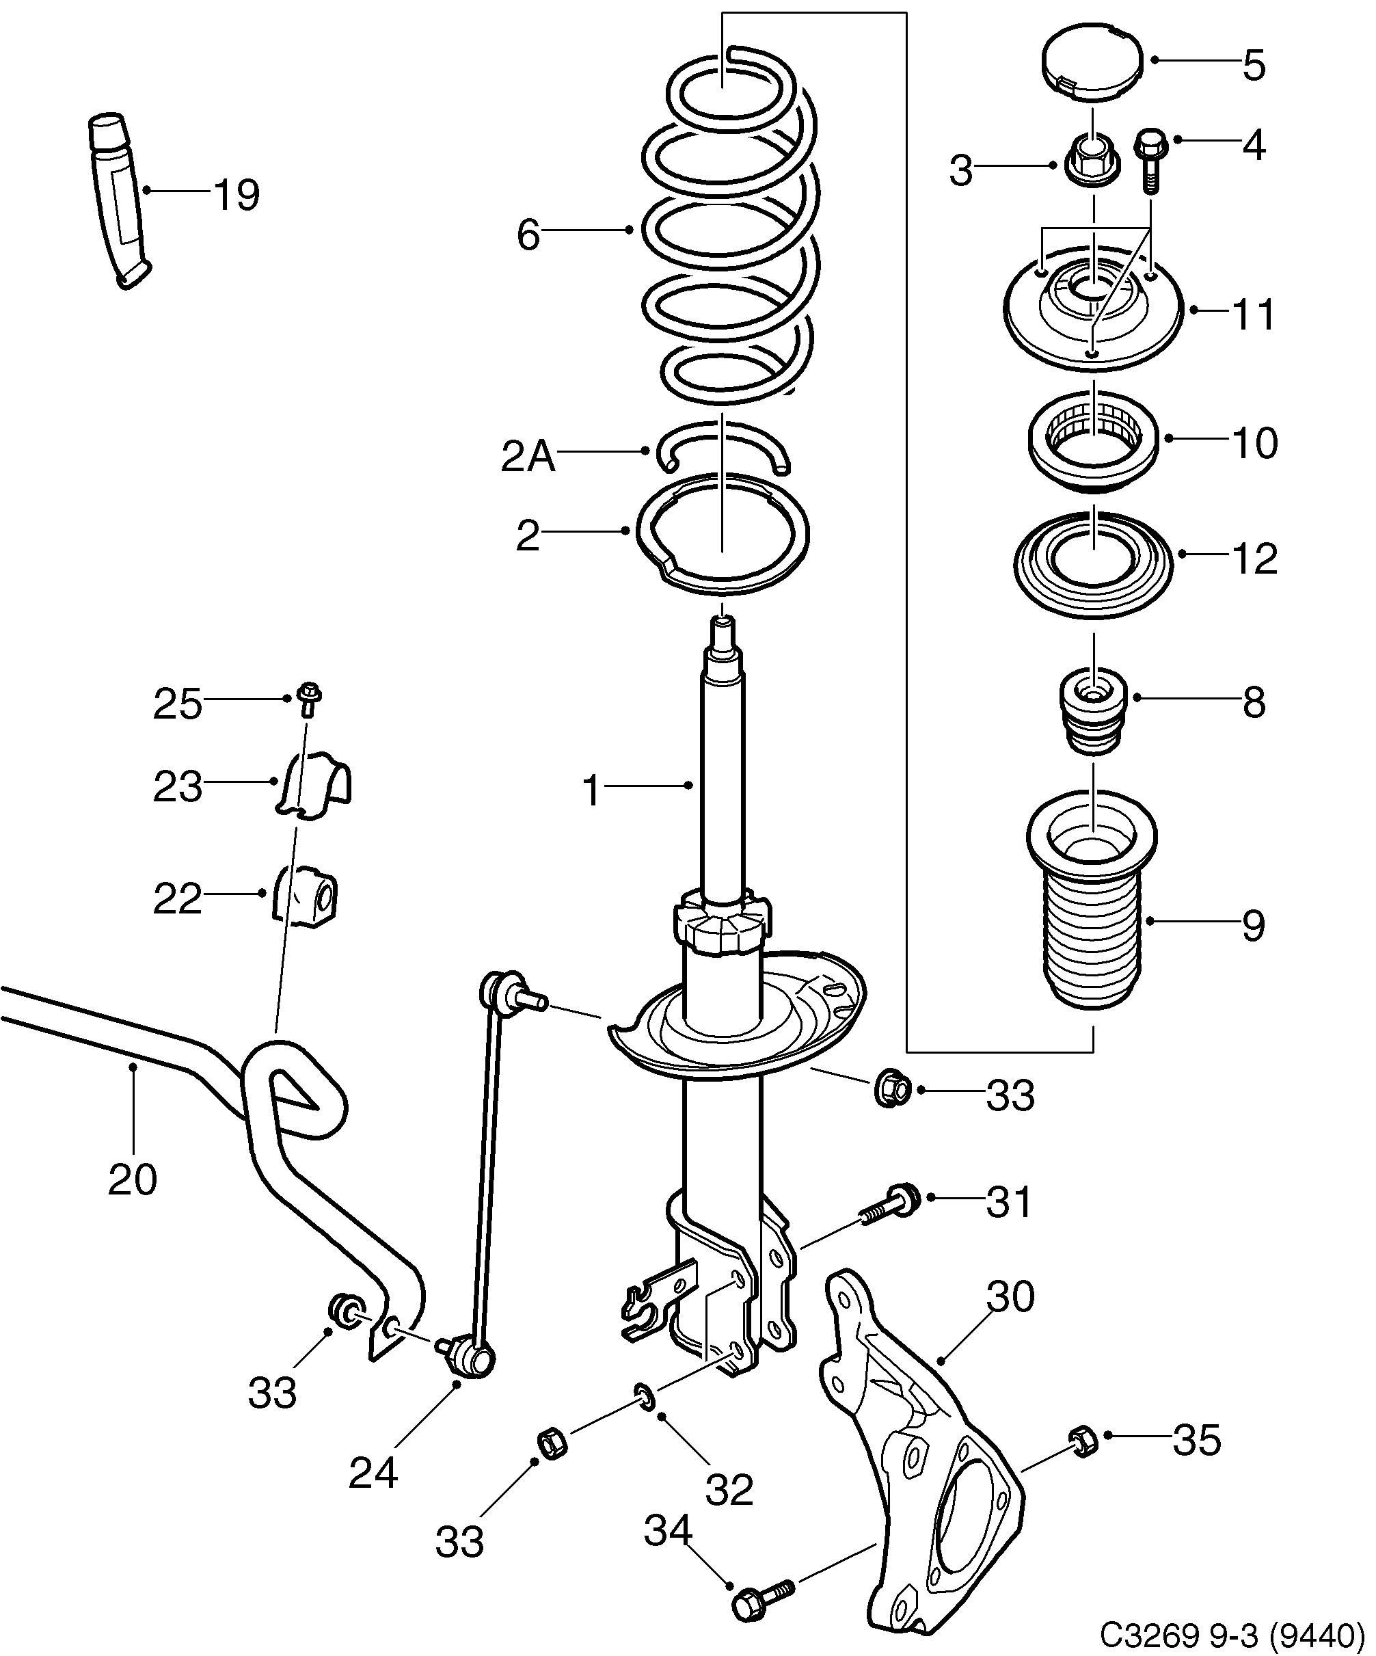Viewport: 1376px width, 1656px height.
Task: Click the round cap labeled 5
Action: click(x=1092, y=63)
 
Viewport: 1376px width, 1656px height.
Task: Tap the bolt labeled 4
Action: click(x=1149, y=160)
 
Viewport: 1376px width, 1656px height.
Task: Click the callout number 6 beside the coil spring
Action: click(x=528, y=235)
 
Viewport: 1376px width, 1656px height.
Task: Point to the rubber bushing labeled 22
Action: click(x=307, y=897)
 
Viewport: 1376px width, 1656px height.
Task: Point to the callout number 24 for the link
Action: click(x=373, y=1473)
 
